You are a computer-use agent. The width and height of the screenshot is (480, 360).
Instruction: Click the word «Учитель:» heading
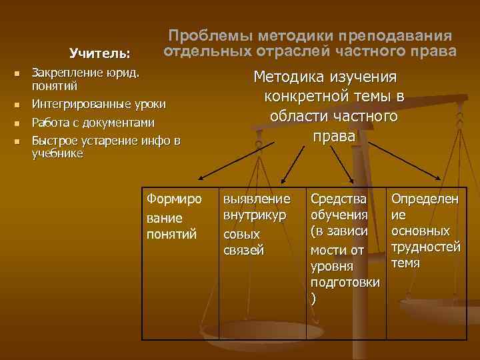pyautogui.click(x=100, y=52)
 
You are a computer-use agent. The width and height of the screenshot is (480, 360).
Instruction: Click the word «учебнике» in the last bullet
pyautogui.click(x=57, y=153)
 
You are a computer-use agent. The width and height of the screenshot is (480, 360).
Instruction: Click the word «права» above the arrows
pyautogui.click(x=334, y=136)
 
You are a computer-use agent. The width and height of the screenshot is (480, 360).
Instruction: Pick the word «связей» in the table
pyautogui.click(x=243, y=250)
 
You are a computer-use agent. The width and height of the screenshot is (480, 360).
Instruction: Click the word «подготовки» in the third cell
pyautogui.click(x=345, y=282)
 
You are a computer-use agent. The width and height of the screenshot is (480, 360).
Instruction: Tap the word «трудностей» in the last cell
pyautogui.click(x=425, y=247)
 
